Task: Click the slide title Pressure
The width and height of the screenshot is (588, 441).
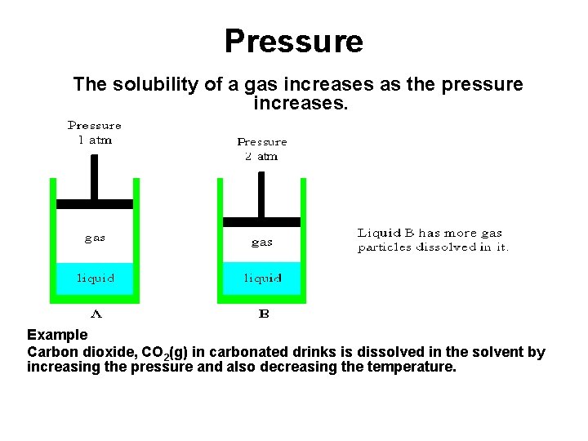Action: point(293,41)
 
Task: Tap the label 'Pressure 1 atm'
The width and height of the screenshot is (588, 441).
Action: point(94,132)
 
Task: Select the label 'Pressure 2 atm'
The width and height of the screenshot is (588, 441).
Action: point(262,149)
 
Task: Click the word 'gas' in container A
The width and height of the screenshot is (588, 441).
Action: point(95,238)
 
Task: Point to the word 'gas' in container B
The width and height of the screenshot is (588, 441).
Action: point(262,242)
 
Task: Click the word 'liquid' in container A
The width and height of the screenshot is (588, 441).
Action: point(96,278)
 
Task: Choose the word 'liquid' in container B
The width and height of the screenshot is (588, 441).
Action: point(262,278)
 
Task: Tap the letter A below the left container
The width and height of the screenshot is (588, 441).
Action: point(96,313)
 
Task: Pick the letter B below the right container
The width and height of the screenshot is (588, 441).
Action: point(263,313)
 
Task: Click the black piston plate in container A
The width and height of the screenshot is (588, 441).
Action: point(95,203)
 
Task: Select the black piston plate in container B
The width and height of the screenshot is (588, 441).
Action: point(262,221)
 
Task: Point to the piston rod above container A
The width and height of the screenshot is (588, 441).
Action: point(95,176)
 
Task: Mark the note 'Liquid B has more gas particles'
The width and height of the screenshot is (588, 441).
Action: point(433,240)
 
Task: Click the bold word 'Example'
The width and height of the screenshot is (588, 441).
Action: point(57,335)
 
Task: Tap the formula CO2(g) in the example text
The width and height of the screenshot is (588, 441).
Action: point(165,353)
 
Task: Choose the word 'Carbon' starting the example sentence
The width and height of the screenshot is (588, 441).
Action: point(51,352)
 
